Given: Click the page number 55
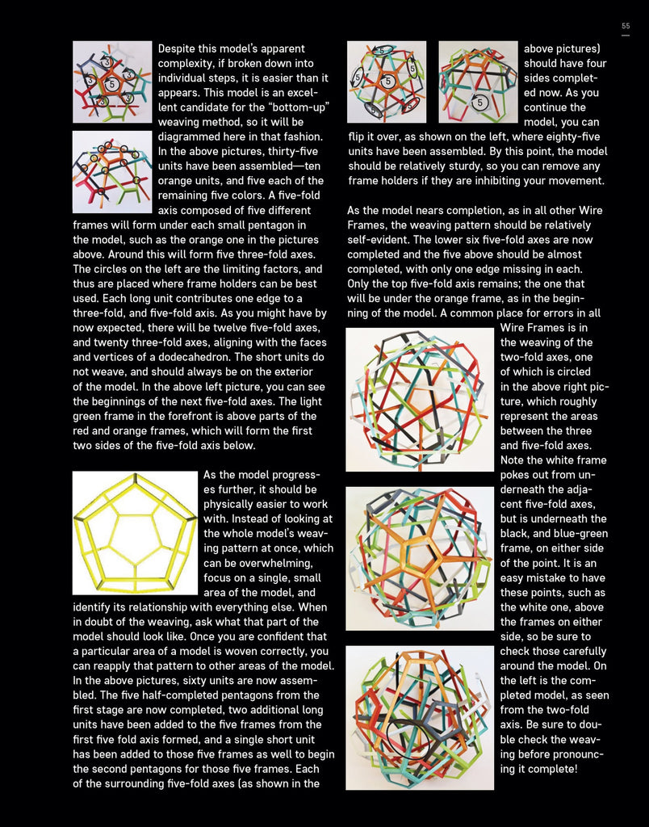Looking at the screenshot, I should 626,27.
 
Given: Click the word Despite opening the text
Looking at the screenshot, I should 179,49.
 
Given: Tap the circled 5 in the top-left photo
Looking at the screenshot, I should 112,84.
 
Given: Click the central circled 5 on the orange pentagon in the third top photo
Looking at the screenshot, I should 387,82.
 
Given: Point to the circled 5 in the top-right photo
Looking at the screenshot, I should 480,103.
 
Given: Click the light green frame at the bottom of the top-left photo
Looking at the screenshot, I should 113,113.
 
